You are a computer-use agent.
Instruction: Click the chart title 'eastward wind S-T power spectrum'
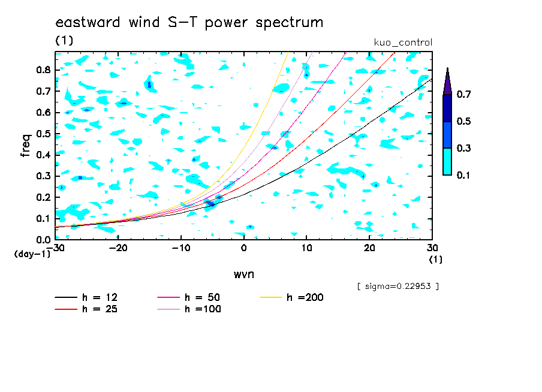pyautogui.click(x=189, y=22)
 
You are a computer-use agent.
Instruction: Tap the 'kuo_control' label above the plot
pyautogui.click(x=403, y=43)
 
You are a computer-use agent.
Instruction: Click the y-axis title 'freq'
pyautogui.click(x=26, y=145)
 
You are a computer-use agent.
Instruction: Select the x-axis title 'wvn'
pyautogui.click(x=243, y=275)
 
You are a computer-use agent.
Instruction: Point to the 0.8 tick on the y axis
pyautogui.click(x=44, y=70)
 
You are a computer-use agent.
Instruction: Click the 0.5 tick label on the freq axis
pyautogui.click(x=44, y=134)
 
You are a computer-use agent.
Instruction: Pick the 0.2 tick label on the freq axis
pyautogui.click(x=44, y=197)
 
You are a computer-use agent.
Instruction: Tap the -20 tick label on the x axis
pyautogui.click(x=118, y=248)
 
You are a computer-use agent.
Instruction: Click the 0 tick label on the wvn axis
pyautogui.click(x=243, y=248)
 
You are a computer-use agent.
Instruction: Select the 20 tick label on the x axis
pyautogui.click(x=369, y=248)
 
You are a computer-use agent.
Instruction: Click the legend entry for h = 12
pyautogui.click(x=86, y=297)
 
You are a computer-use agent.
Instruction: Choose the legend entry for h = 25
pyautogui.click(x=86, y=309)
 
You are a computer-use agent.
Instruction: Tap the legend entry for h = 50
pyautogui.click(x=189, y=297)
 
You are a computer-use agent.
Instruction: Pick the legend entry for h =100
pyautogui.click(x=189, y=309)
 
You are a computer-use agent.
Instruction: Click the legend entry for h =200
pyautogui.click(x=292, y=297)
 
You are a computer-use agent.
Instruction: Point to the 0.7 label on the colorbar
pyautogui.click(x=463, y=94)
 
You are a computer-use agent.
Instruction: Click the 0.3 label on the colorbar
pyautogui.click(x=463, y=148)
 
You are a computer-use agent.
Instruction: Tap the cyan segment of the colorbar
pyautogui.click(x=447, y=161)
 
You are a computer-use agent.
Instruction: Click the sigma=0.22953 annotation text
pyautogui.click(x=398, y=287)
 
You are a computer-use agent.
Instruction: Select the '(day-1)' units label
pyautogui.click(x=32, y=254)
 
